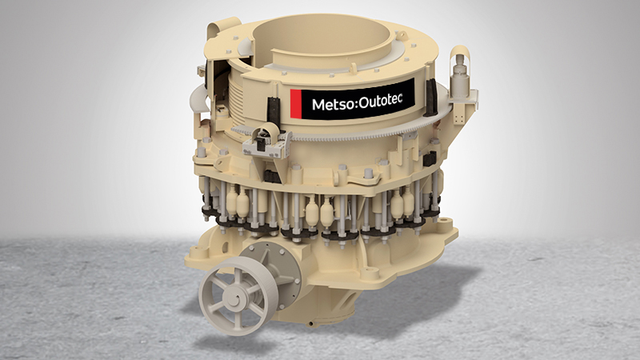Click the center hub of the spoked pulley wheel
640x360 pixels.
click(235, 299)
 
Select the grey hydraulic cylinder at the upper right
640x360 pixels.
click(460, 74)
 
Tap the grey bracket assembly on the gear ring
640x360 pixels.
click(266, 141)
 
